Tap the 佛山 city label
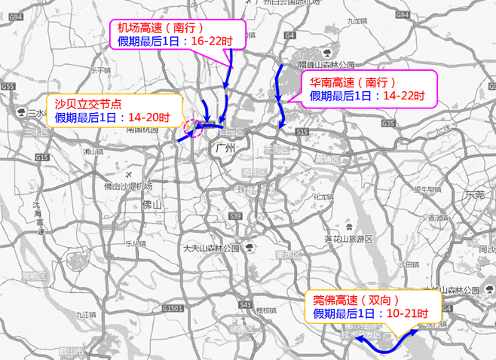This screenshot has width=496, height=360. pos(152,203)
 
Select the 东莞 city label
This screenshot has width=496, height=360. pos(475,194)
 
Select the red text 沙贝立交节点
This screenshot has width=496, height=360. pos(85,104)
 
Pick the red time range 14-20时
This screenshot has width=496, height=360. pos(148,117)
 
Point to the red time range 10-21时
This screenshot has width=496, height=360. pos(408,313)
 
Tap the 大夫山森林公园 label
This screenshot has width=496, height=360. pos(210,248)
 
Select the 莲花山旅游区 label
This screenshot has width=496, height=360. pos(349,239)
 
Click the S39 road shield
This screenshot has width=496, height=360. pos(236,216)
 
